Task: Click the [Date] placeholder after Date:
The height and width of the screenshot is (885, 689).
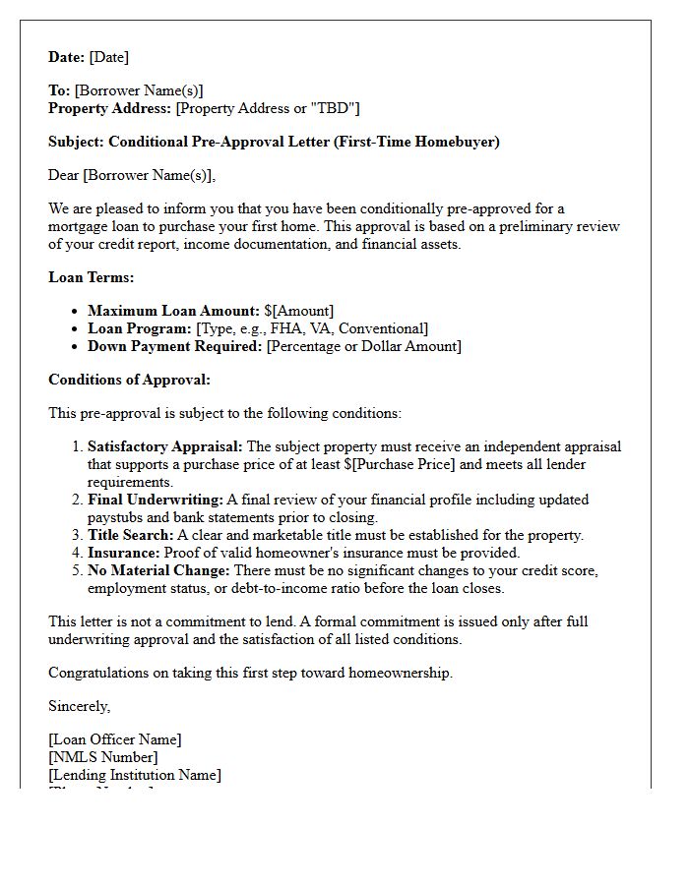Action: (109, 57)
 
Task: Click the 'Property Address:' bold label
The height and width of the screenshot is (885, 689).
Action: (110, 108)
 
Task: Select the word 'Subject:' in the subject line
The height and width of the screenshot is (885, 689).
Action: (76, 142)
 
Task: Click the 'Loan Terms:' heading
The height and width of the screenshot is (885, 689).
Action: (92, 277)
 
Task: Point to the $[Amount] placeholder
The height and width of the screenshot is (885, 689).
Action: (299, 311)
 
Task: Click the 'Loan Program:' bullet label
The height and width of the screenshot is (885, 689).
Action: (140, 328)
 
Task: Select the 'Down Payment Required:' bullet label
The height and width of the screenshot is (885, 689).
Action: (175, 346)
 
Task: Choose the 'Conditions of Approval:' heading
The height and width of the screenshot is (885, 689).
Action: (129, 380)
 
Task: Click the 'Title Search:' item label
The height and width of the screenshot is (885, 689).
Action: (131, 535)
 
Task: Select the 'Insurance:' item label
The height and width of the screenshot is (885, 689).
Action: (123, 553)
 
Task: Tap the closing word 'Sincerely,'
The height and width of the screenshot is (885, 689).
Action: (80, 706)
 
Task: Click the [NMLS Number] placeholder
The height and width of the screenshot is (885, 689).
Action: (103, 757)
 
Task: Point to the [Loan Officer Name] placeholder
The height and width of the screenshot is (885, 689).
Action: (115, 739)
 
